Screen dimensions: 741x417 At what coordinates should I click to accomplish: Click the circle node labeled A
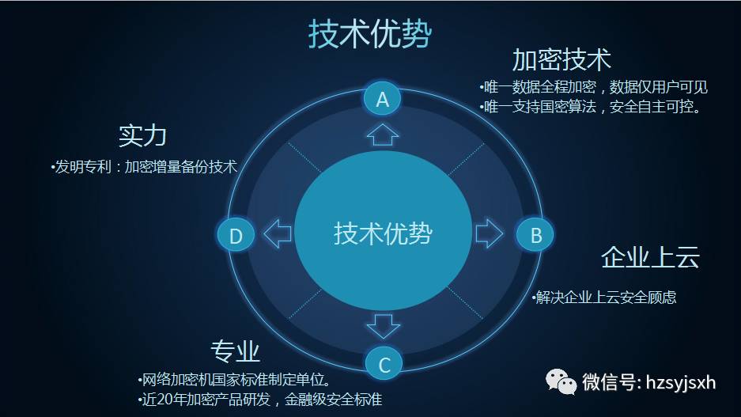382,99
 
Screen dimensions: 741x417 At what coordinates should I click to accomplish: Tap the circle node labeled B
535,234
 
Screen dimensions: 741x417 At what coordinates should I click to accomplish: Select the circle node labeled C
384,364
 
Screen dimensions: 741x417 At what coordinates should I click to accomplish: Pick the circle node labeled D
236,235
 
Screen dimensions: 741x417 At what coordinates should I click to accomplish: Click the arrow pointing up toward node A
382,135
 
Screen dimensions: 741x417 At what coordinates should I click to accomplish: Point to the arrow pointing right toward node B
489,233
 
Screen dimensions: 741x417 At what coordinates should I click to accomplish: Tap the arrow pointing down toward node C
384,327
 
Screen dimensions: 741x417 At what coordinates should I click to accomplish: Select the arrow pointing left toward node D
278,233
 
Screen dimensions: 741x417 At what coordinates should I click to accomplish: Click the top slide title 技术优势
370,34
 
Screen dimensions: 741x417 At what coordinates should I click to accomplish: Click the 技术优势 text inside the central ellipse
383,233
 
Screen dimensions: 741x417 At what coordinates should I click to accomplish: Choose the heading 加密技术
561,59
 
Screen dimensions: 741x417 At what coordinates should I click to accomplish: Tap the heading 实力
142,135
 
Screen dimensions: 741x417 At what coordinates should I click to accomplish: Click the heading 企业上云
650,257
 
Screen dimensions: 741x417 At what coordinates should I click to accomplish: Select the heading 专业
235,351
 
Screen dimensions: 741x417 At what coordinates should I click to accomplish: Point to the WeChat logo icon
561,381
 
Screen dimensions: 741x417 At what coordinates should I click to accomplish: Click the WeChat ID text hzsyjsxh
681,382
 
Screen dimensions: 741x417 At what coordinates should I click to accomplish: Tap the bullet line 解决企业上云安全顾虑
604,297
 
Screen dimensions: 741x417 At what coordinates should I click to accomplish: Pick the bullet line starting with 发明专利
144,166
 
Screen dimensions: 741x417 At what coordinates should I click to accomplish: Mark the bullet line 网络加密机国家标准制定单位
234,379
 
